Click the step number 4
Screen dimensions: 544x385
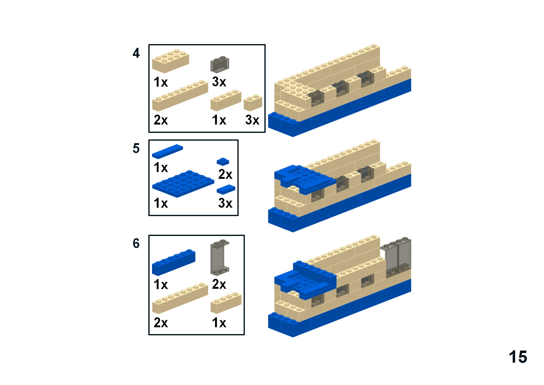click(136, 53)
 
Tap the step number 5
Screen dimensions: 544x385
click(136, 148)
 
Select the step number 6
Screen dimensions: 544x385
click(136, 243)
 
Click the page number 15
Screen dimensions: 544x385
click(518, 357)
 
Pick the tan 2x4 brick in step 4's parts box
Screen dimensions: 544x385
click(170, 61)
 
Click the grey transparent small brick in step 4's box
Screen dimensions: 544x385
click(220, 64)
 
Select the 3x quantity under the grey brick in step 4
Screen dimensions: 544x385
click(219, 82)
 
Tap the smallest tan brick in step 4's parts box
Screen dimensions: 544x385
click(253, 103)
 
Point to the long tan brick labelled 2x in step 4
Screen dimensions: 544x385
click(180, 96)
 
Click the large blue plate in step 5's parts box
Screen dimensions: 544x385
click(183, 184)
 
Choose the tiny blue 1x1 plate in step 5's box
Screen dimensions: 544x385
click(223, 161)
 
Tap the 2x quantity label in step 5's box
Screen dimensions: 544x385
click(225, 174)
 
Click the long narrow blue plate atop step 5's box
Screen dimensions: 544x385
click(167, 152)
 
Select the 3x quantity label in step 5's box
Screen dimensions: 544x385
click(225, 203)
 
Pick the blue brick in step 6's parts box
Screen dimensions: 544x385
click(173, 262)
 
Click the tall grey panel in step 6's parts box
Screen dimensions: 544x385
click(220, 258)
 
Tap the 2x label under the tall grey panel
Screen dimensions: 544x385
click(219, 284)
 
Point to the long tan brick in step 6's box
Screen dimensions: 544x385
click(180, 298)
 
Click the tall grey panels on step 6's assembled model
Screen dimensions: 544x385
click(396, 257)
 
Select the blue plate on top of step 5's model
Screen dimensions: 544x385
click(305, 180)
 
